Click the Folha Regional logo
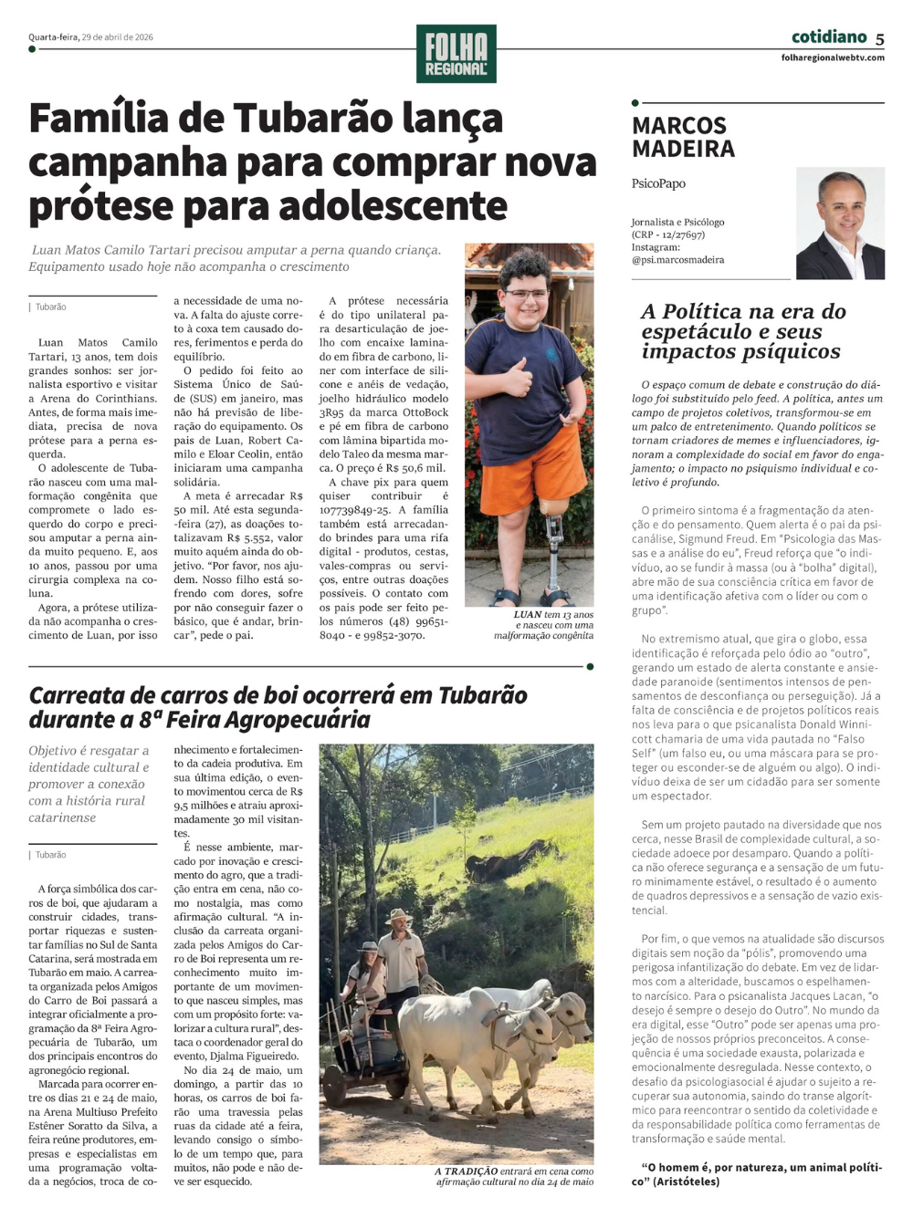point(456,54)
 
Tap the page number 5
point(879,38)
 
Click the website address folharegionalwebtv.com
point(833,57)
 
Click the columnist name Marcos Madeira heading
point(683,137)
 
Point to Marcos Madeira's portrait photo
point(840,224)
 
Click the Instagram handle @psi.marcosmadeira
point(677,260)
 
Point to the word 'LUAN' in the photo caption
point(527,615)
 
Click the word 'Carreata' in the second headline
point(78,695)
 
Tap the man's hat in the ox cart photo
point(398,915)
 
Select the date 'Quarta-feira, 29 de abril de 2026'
point(90,37)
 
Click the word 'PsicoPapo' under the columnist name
point(657,183)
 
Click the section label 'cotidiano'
point(828,36)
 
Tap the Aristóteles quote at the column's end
point(757,1174)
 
